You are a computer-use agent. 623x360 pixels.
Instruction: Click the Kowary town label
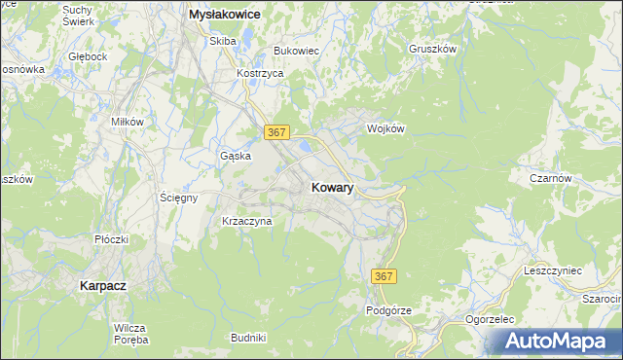(x=332, y=188)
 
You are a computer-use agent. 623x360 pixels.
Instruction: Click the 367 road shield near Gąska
(x=275, y=131)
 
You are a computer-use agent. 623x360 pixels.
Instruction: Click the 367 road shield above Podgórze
(x=384, y=277)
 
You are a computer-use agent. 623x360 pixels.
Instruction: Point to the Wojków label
(x=385, y=128)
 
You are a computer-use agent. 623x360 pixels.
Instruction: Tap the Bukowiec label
(x=297, y=50)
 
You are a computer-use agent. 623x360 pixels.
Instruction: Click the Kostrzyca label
(x=260, y=74)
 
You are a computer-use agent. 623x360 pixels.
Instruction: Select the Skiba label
(x=223, y=41)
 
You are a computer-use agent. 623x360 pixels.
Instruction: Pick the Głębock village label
(x=88, y=57)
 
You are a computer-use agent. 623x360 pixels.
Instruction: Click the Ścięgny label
(x=179, y=198)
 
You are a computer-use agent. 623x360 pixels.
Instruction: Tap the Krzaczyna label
(x=247, y=221)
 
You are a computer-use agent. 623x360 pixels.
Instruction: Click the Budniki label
(x=248, y=337)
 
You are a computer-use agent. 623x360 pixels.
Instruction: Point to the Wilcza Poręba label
(x=129, y=334)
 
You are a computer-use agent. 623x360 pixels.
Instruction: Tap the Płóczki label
(x=112, y=238)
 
